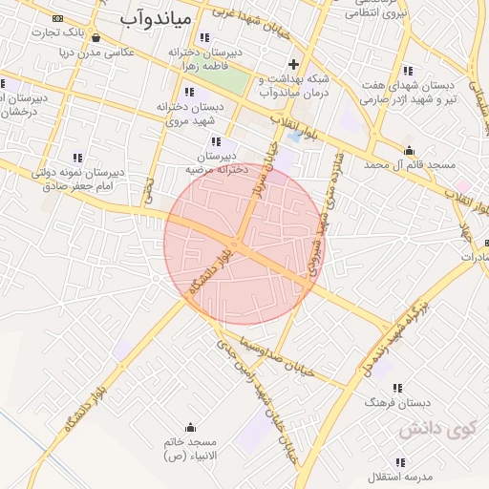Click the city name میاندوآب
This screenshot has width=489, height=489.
pyautogui.click(x=159, y=17)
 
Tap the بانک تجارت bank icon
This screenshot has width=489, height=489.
pyautogui.click(x=59, y=18)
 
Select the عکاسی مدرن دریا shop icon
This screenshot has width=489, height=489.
pyautogui.click(x=96, y=37)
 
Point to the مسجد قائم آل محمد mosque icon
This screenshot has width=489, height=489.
pyautogui.click(x=409, y=150)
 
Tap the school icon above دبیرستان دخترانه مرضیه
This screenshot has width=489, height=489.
pyautogui.click(x=215, y=141)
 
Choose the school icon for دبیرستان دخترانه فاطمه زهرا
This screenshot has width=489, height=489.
pyautogui.click(x=203, y=38)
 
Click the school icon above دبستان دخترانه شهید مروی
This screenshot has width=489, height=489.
pyautogui.click(x=189, y=93)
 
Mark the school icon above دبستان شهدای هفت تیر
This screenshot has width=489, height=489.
pyautogui.click(x=408, y=71)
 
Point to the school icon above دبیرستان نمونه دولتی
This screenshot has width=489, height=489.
pyautogui.click(x=77, y=158)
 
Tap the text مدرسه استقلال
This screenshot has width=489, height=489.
pyautogui.click(x=407, y=476)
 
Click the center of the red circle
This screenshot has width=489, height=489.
pyautogui.click(x=244, y=244)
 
